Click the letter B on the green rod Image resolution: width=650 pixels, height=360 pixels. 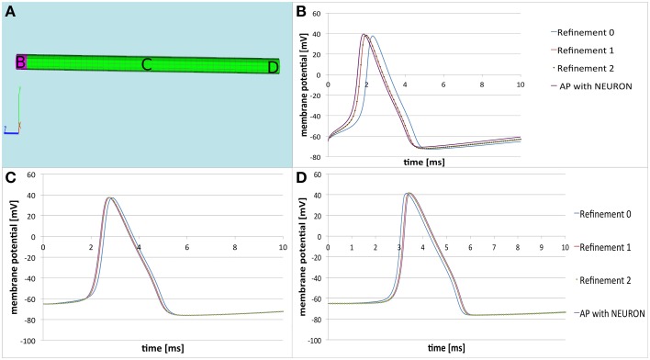coord(19,62)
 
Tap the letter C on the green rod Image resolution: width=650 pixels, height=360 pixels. coord(145,65)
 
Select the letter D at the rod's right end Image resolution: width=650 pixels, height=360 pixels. coord(272,68)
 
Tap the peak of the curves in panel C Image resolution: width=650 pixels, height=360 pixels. coord(111,197)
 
